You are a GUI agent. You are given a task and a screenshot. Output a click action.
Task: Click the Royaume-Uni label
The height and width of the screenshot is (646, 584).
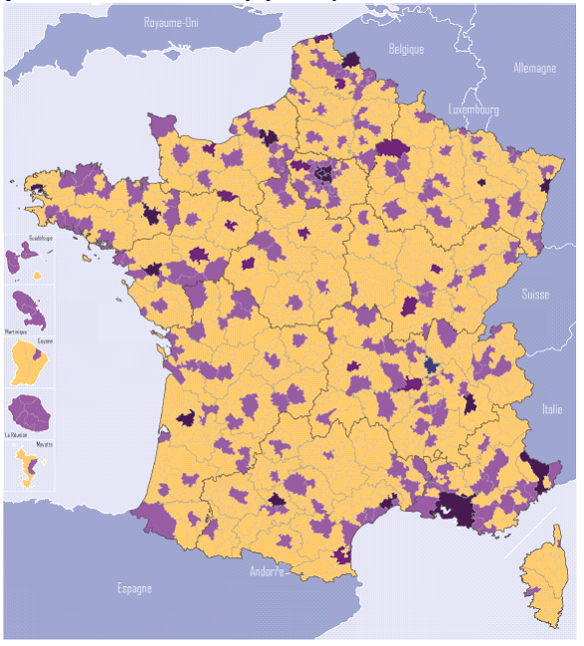click(x=171, y=21)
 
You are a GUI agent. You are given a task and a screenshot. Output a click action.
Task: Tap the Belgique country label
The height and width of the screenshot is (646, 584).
click(x=406, y=49)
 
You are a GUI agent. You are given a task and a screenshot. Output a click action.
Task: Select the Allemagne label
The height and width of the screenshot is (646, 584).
click(x=534, y=69)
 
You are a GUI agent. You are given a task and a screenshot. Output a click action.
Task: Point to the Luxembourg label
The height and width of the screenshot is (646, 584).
click(x=474, y=109)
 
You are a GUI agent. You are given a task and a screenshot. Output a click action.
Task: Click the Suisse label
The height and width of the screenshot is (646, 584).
click(x=536, y=295)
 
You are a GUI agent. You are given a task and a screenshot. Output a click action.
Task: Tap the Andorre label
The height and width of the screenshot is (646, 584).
click(x=269, y=571)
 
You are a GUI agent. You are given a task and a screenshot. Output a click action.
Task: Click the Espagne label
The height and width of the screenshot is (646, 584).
click(x=132, y=588)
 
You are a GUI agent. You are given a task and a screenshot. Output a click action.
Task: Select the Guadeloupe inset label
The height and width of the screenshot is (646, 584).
click(x=41, y=239)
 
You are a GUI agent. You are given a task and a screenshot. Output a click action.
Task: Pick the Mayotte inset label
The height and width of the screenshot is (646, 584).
click(x=44, y=444)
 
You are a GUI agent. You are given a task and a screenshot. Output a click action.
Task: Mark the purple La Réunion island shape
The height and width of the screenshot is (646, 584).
click(x=30, y=411)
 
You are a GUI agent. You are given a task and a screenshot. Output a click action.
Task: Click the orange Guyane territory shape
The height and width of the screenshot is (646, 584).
click(x=29, y=363)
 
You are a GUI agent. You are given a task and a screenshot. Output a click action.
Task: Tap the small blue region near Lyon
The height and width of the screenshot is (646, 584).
click(x=430, y=366)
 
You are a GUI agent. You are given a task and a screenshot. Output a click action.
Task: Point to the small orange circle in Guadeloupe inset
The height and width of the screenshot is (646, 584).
click(x=37, y=275)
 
